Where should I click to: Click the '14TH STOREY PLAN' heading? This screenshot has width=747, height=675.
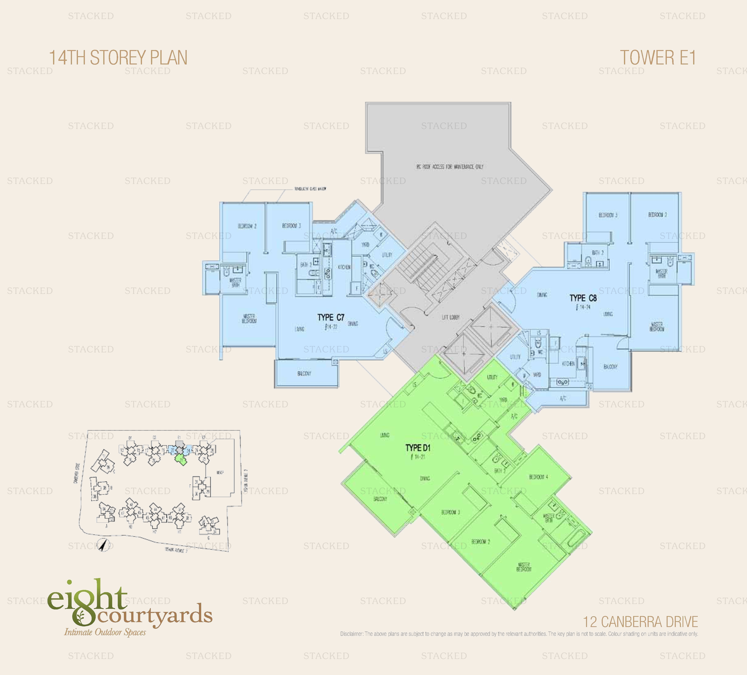pos(118,58)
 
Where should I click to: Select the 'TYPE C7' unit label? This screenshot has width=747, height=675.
pos(331,317)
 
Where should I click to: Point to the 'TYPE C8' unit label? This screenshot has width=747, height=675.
pos(583,298)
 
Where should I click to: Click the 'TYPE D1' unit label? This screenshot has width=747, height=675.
pos(418,448)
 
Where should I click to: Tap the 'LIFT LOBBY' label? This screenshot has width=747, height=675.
pos(451,317)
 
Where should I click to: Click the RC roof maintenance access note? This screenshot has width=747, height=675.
pos(450,167)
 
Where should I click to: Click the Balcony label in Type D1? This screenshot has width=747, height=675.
pos(380,499)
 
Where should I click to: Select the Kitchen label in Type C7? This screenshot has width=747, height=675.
pos(344,267)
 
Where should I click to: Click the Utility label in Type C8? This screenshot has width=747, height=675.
pos(515,357)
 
